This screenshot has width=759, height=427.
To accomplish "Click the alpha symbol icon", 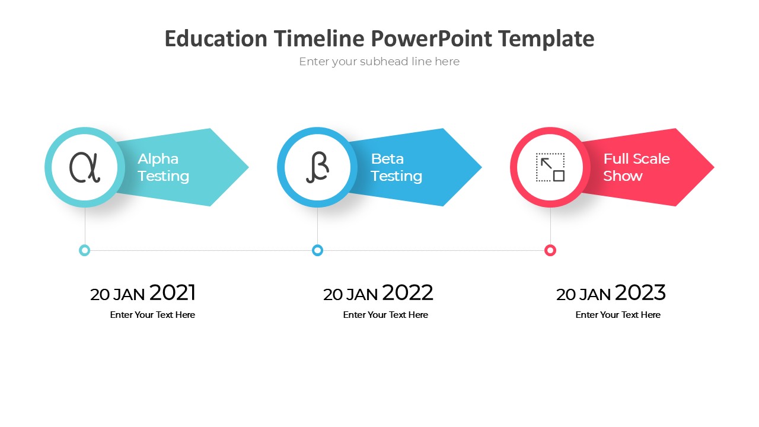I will click(x=85, y=167).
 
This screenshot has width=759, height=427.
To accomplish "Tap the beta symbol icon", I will click(x=317, y=167).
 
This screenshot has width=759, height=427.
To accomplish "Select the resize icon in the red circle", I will click(x=550, y=167).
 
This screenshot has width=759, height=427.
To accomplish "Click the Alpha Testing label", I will click(x=163, y=167).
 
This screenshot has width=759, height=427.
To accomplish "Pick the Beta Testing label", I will click(x=396, y=167).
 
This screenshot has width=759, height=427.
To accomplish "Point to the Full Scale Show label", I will click(x=636, y=167).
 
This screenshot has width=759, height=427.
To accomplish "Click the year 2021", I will click(x=173, y=292).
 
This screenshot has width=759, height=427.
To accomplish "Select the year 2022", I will click(x=407, y=292).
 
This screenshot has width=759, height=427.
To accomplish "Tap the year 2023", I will click(x=640, y=292).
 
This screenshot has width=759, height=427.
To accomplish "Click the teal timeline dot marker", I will click(x=85, y=250).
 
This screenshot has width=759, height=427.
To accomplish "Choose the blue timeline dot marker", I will click(x=317, y=250).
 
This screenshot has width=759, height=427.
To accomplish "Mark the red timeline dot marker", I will click(x=550, y=250).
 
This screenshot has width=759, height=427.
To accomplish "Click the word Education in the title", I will click(x=216, y=39).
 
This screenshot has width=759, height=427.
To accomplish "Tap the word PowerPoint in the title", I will click(x=432, y=39).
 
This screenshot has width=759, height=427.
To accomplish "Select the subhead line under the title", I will click(x=379, y=62).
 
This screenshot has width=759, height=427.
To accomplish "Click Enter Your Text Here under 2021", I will click(x=152, y=315).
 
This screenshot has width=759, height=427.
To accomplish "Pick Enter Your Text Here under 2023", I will click(x=618, y=315).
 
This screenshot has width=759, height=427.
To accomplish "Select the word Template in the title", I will click(x=546, y=39).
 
